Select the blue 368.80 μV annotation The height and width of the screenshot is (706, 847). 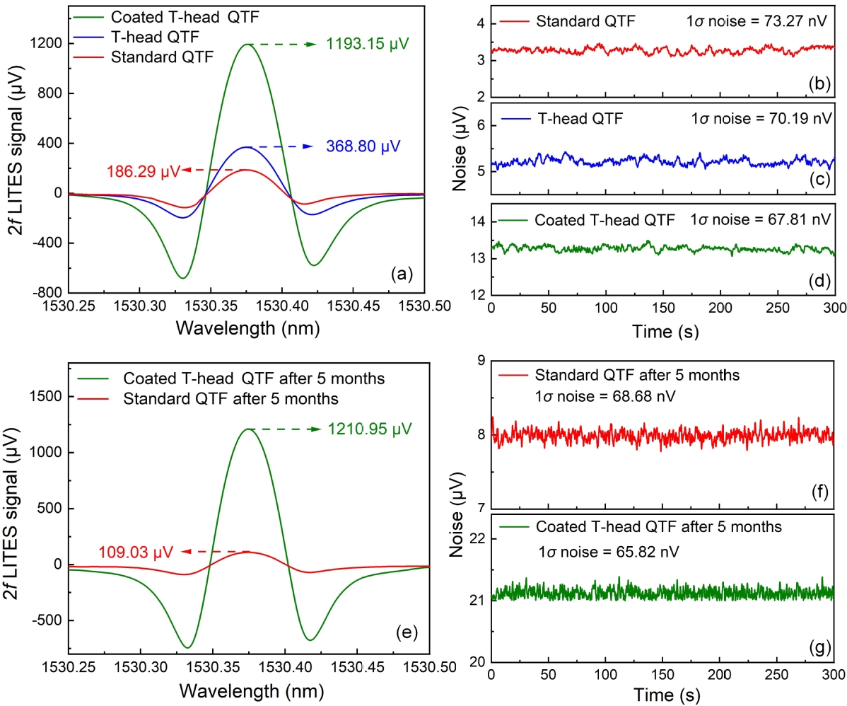[363, 147]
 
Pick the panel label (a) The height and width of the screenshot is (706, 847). [403, 272]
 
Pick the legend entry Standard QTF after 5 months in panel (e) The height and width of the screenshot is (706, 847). [230, 399]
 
